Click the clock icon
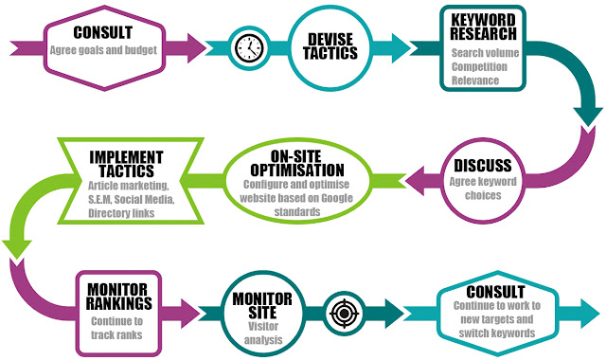pyautogui.click(x=249, y=48)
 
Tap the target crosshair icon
pyautogui.click(x=344, y=314)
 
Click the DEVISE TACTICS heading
pyautogui.click(x=330, y=46)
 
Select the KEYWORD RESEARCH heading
pyautogui.click(x=483, y=27)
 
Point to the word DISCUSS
pyautogui.click(x=483, y=166)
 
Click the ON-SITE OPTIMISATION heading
pyautogui.click(x=296, y=164)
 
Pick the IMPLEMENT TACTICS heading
pyautogui.click(x=126, y=164)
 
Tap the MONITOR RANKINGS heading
pyautogui.click(x=118, y=297)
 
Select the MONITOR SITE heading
pyautogui.click(x=262, y=306)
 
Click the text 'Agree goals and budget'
pyautogui.click(x=103, y=50)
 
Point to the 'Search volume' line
pyautogui.click(x=485, y=53)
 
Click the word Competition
pyautogui.click(x=479, y=66)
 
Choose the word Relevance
pyautogui.click(x=475, y=81)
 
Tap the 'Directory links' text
pyautogui.click(x=121, y=213)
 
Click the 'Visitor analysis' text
pyautogui.click(x=263, y=333)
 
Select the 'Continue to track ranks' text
pyautogui.click(x=116, y=328)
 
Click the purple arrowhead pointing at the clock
pyautogui.click(x=196, y=48)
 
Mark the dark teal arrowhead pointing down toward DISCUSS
pyautogui.click(x=587, y=117)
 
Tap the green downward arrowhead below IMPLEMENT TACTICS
pyautogui.click(x=17, y=249)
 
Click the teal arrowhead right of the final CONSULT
pyautogui.click(x=590, y=314)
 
